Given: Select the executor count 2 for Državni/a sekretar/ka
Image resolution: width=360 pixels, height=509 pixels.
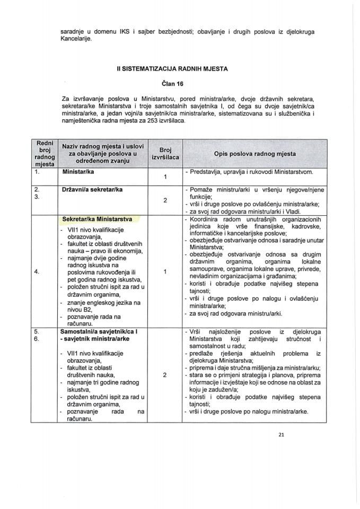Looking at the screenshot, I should click(x=165, y=200).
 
